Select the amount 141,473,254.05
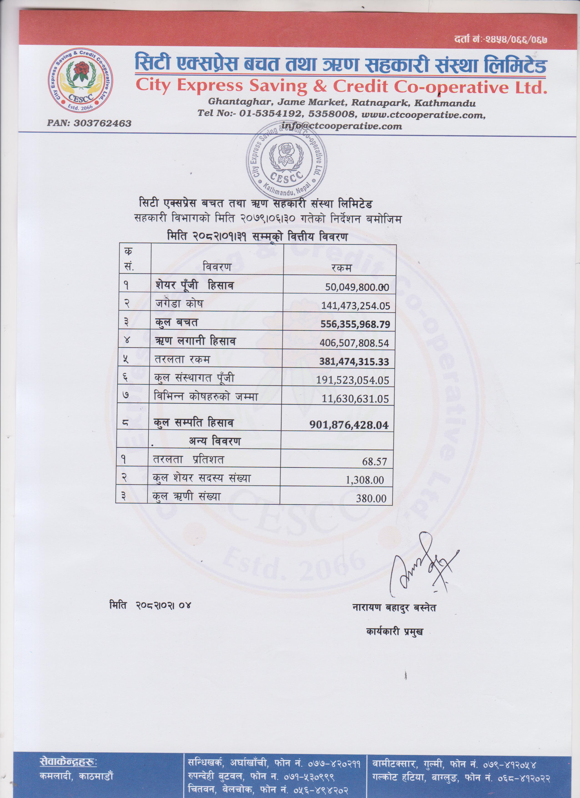(x=355, y=306)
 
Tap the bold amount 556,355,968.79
(x=355, y=324)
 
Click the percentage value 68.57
(x=374, y=462)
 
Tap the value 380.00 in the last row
(x=371, y=499)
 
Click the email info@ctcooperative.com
(x=342, y=126)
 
